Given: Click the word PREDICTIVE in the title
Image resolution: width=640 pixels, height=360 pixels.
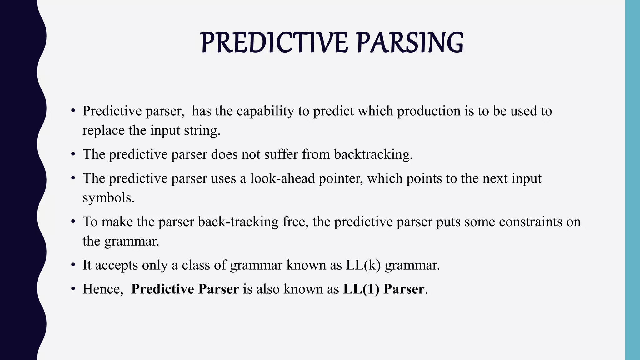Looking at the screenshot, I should (274, 43).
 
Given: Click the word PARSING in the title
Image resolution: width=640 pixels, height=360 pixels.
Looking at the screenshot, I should (410, 43).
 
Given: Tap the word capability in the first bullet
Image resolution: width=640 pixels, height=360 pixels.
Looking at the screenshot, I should (265, 111).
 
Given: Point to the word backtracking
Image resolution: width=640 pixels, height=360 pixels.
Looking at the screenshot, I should (373, 154).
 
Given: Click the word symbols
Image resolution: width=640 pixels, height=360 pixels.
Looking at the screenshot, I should (108, 198).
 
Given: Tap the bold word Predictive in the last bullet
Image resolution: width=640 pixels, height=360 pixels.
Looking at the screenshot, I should (162, 289).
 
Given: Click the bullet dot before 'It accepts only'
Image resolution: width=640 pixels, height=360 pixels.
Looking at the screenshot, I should (73, 265).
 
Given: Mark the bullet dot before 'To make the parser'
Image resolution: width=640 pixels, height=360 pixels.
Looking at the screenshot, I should (73, 222).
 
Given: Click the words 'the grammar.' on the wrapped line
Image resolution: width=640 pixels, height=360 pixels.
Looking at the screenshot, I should (121, 241).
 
